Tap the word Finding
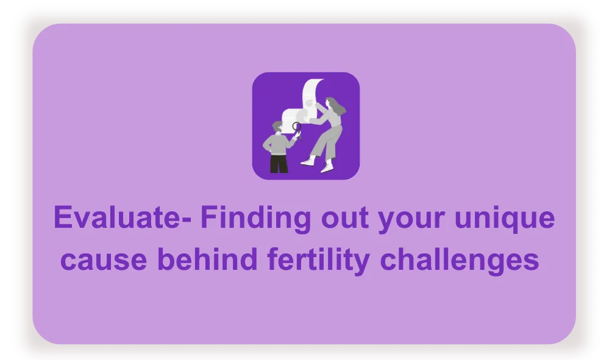(255, 219)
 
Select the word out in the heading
(344, 219)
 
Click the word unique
(505, 219)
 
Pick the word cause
(104, 260)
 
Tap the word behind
(207, 259)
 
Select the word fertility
(318, 261)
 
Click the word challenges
(460, 261)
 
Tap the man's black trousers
(279, 164)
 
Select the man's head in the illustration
(278, 127)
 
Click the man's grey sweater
(278, 144)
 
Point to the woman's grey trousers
(327, 143)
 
